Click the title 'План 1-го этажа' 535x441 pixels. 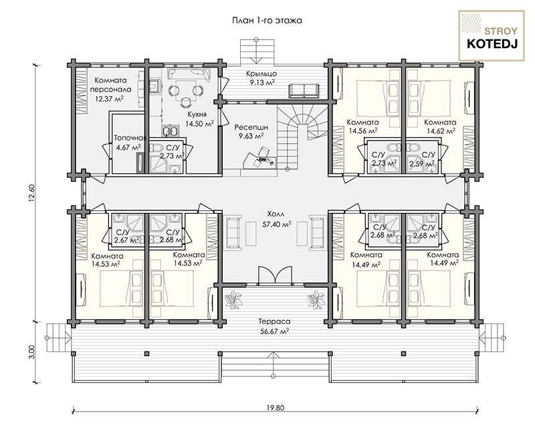267,21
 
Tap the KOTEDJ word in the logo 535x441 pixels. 492,44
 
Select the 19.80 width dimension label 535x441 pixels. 276,408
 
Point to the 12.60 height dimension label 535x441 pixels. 31,193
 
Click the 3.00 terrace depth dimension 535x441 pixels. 31,351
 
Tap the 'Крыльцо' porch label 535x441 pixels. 261,74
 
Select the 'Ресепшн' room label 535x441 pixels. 251,128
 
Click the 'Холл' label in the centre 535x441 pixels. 276,214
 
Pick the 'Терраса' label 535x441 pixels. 274,321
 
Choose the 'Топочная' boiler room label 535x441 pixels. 130,138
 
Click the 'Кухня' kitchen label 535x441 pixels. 197,115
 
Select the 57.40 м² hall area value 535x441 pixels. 276,224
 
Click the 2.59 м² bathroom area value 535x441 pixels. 423,163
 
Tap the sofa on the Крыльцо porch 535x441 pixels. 304,90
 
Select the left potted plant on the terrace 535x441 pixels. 233,299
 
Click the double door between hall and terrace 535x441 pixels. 275,275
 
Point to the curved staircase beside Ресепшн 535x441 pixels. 298,136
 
